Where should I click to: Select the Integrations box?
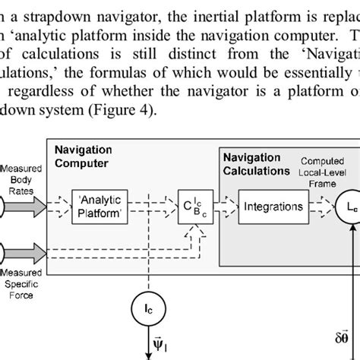[x=273, y=207]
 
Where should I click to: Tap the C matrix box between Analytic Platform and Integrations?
[x=191, y=207]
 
